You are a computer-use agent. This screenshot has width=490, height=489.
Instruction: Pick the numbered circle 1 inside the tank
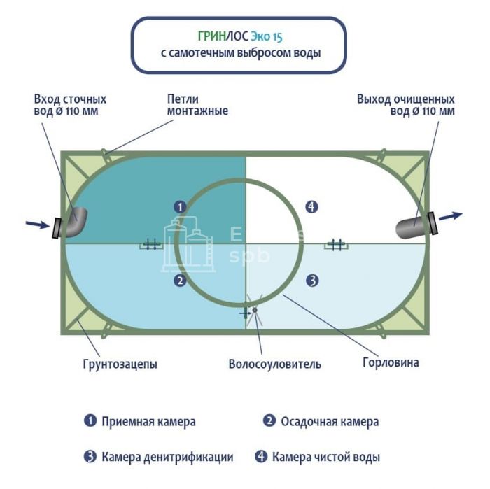click(x=180, y=206)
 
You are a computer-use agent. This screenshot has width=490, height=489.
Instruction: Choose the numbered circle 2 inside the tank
click(x=180, y=281)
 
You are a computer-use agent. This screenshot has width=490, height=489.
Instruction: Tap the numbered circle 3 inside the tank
click(x=312, y=281)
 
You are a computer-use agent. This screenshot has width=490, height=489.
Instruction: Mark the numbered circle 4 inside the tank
click(x=312, y=206)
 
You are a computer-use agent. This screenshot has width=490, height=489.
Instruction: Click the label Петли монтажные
click(x=197, y=105)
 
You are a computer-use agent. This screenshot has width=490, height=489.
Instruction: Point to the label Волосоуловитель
click(x=274, y=364)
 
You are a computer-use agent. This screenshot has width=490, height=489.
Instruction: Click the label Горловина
click(x=391, y=362)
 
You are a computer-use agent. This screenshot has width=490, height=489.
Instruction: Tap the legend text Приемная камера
click(x=148, y=421)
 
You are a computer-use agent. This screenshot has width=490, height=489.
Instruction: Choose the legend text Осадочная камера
click(x=330, y=421)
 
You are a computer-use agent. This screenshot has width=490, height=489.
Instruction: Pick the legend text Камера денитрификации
click(x=167, y=457)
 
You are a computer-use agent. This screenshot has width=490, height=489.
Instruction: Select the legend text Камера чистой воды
click(x=326, y=457)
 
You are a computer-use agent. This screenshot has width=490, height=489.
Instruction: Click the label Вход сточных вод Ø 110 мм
click(x=70, y=105)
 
